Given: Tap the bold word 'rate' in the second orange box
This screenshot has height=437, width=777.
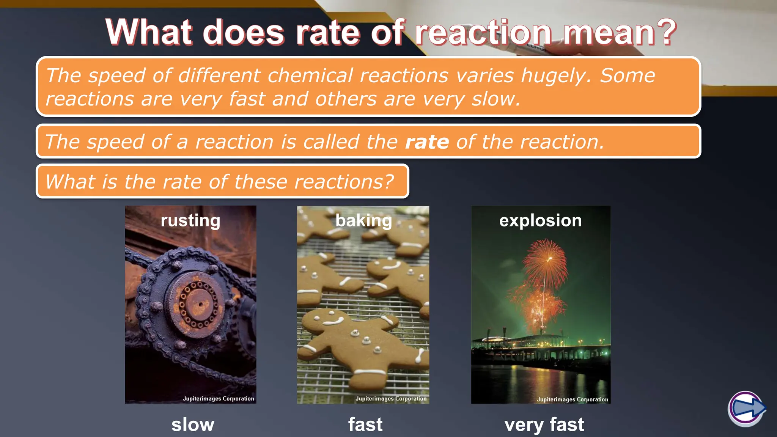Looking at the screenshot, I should pyautogui.click(x=427, y=142).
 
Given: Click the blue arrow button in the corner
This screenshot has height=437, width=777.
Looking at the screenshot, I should pyautogui.click(x=746, y=409).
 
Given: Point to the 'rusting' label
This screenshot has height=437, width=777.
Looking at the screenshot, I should pyautogui.click(x=190, y=220).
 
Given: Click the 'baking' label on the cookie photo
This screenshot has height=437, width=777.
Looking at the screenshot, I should pyautogui.click(x=363, y=220).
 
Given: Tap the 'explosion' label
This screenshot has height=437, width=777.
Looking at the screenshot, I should pyautogui.click(x=540, y=220).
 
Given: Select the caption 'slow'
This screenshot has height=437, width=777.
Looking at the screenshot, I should pyautogui.click(x=193, y=424).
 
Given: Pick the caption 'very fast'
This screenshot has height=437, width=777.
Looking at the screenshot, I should pyautogui.click(x=544, y=424).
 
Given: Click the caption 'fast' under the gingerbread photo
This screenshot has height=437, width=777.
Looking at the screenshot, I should pyautogui.click(x=365, y=424).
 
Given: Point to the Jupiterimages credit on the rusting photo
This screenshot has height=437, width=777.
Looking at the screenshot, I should pyautogui.click(x=218, y=399).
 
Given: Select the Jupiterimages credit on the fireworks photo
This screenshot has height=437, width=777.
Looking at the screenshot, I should pyautogui.click(x=572, y=399).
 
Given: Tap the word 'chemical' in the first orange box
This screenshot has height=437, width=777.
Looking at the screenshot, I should pyautogui.click(x=310, y=76).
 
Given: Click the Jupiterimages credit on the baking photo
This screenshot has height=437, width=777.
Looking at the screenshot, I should pyautogui.click(x=391, y=399).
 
